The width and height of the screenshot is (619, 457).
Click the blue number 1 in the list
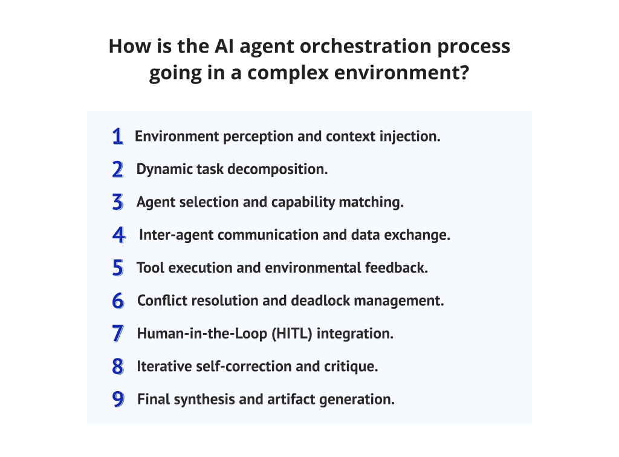point(118,137)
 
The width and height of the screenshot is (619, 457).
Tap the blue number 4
point(118,235)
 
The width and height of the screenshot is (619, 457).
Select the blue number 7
point(118,333)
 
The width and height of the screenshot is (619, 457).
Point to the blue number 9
point(118,399)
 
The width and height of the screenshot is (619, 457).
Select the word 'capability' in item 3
point(294,202)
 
